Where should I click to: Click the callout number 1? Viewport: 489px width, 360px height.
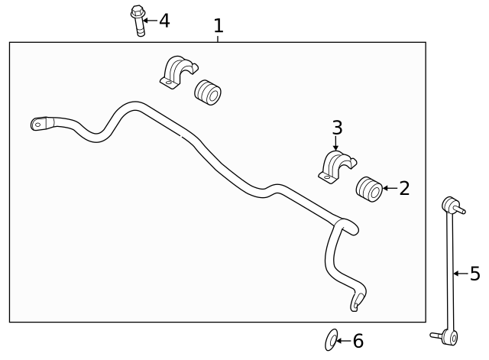(219, 25)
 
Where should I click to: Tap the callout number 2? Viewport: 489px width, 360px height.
(404, 188)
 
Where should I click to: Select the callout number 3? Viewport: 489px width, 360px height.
(337, 128)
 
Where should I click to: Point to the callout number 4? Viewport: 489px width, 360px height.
(164, 21)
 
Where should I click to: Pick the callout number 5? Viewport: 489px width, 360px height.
(475, 274)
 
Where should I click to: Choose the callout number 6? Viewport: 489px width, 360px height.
(358, 341)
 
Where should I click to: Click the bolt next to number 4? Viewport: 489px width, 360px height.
(138, 21)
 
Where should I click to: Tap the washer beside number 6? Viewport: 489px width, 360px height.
(331, 339)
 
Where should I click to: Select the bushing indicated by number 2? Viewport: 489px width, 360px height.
(369, 189)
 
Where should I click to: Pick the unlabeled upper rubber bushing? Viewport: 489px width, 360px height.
(207, 92)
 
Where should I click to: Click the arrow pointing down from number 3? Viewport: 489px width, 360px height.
(335, 144)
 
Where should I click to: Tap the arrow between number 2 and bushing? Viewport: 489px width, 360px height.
(390, 188)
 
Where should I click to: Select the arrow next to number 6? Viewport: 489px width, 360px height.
(344, 341)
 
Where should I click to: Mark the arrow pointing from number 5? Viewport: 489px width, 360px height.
(461, 274)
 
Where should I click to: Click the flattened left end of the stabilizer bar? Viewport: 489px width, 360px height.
(40, 124)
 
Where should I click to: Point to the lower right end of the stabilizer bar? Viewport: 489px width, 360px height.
(358, 301)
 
